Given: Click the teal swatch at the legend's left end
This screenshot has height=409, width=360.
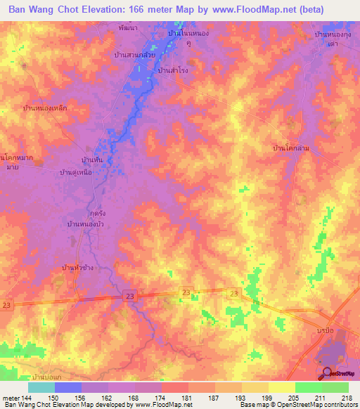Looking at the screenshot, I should [41, 387].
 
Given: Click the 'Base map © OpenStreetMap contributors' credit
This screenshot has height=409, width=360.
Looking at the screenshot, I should [299, 405].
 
